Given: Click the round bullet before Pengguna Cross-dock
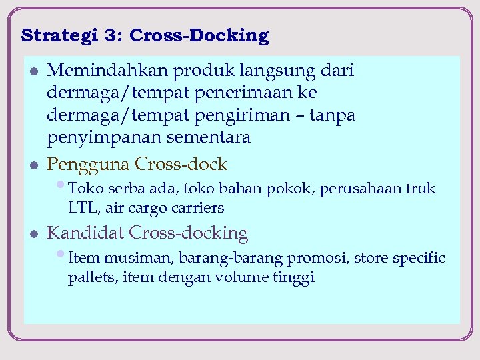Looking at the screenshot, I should (x=34, y=165).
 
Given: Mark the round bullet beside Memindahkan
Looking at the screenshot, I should (x=34, y=71).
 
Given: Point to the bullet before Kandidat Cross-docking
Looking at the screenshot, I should (x=34, y=233).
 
